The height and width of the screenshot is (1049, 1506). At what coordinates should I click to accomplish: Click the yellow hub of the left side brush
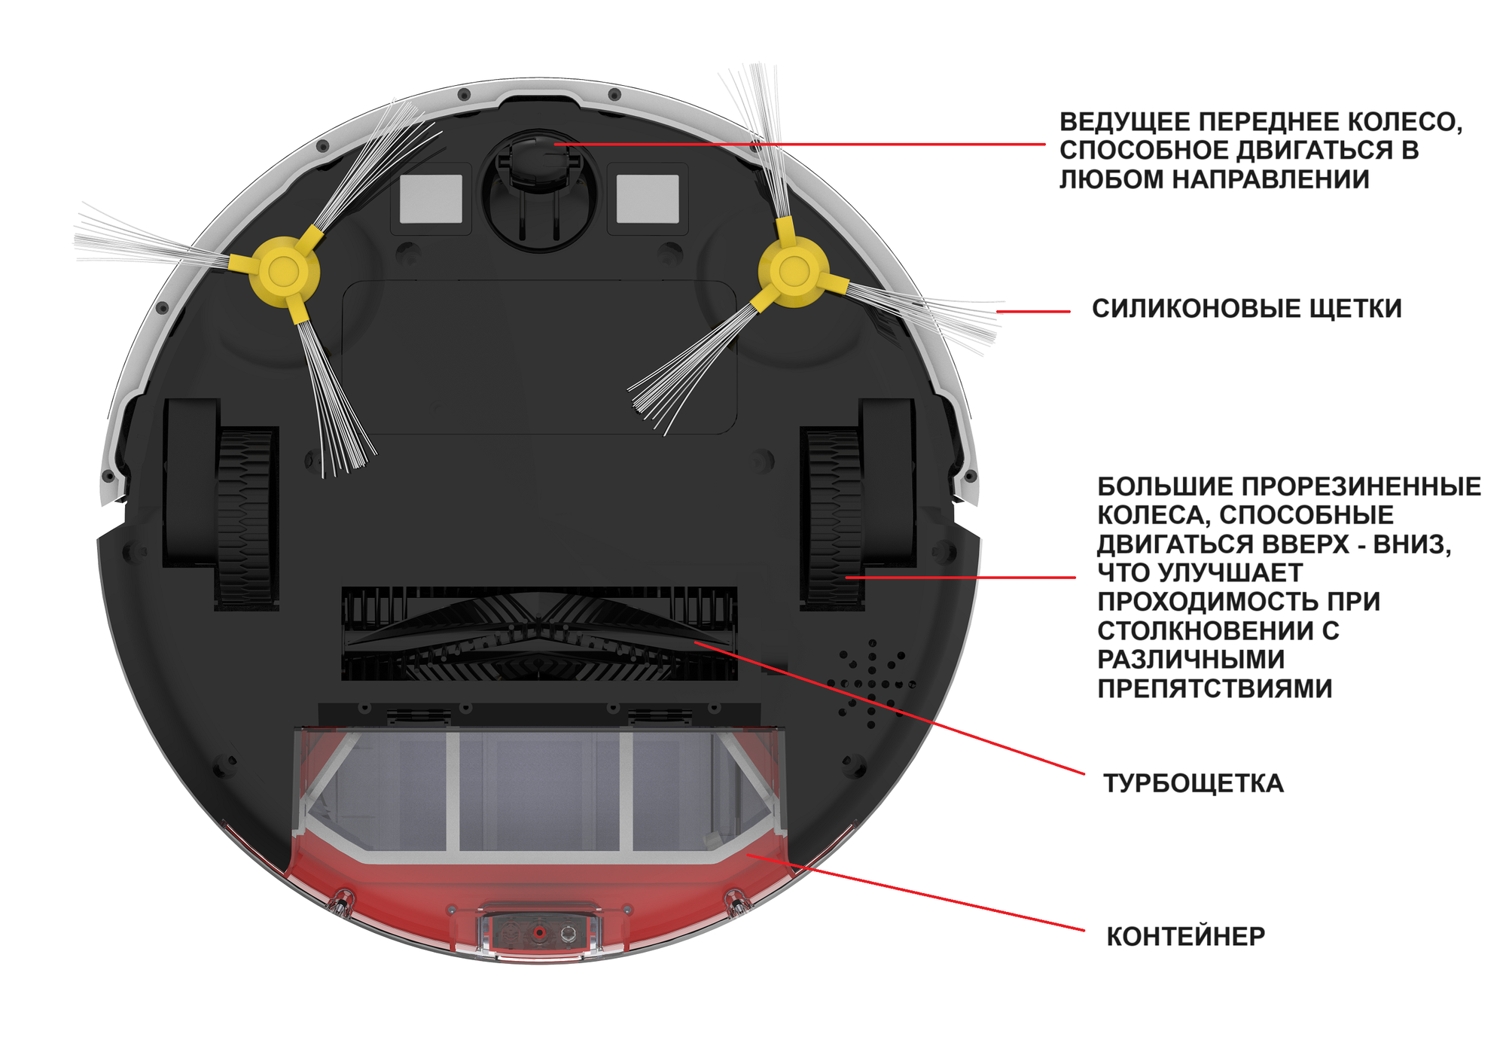284,271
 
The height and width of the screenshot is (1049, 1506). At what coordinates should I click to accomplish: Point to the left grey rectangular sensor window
431,199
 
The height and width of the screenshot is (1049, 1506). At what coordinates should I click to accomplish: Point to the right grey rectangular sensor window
648,199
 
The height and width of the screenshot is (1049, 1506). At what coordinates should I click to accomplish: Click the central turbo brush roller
538,634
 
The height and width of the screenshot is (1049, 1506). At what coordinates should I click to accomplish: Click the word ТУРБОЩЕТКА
1193,783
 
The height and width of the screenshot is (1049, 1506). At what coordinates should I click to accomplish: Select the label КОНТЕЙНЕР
1185,936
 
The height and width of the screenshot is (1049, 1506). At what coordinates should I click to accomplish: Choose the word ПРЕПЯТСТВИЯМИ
1214,688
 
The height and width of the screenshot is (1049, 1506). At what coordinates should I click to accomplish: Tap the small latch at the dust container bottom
539,934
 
